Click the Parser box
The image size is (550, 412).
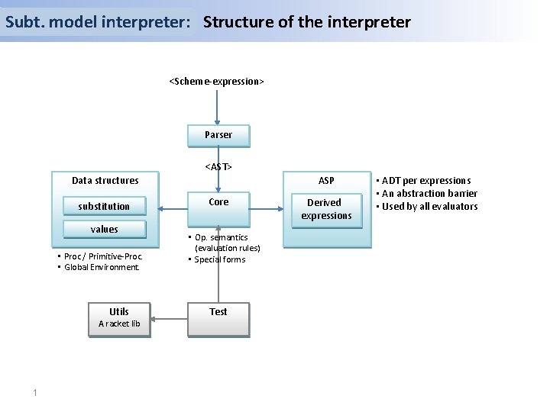click(218, 135)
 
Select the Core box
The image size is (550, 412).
click(218, 202)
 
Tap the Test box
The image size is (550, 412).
click(218, 312)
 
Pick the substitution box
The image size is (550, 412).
click(104, 207)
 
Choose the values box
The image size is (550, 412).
click(104, 230)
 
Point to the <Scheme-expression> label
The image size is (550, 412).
click(217, 81)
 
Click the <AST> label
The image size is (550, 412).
click(218, 166)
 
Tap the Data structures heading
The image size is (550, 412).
click(105, 181)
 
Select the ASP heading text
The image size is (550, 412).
click(326, 181)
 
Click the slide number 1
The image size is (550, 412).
click(35, 393)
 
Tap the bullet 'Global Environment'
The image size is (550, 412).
click(102, 268)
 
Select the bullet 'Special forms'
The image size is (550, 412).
click(220, 259)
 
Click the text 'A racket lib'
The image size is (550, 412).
click(119, 324)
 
